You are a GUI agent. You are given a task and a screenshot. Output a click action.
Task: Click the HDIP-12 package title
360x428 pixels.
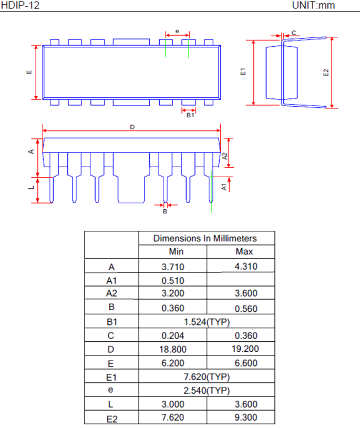[20, 6]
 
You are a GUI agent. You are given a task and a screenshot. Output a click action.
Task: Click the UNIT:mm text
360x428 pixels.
[313, 6]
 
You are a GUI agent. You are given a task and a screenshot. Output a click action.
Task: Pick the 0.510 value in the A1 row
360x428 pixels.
[173, 280]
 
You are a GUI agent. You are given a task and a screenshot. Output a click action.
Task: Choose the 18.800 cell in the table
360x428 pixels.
[173, 349]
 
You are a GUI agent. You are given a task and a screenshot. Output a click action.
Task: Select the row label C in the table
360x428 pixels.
[111, 335]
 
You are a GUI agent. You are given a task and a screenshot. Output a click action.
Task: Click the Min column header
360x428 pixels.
[173, 252]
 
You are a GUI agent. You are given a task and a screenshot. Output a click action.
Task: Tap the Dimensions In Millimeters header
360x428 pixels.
[206, 238]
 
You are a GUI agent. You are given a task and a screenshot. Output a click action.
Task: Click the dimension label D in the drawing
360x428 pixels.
[132, 127]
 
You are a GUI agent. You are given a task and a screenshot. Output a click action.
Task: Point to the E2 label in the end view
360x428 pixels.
[326, 73]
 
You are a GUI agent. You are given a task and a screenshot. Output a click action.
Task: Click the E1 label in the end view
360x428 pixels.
[243, 73]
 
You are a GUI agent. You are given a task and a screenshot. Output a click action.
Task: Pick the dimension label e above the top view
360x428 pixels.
[177, 32]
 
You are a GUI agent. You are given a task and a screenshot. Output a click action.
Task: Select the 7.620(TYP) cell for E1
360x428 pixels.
[206, 377]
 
